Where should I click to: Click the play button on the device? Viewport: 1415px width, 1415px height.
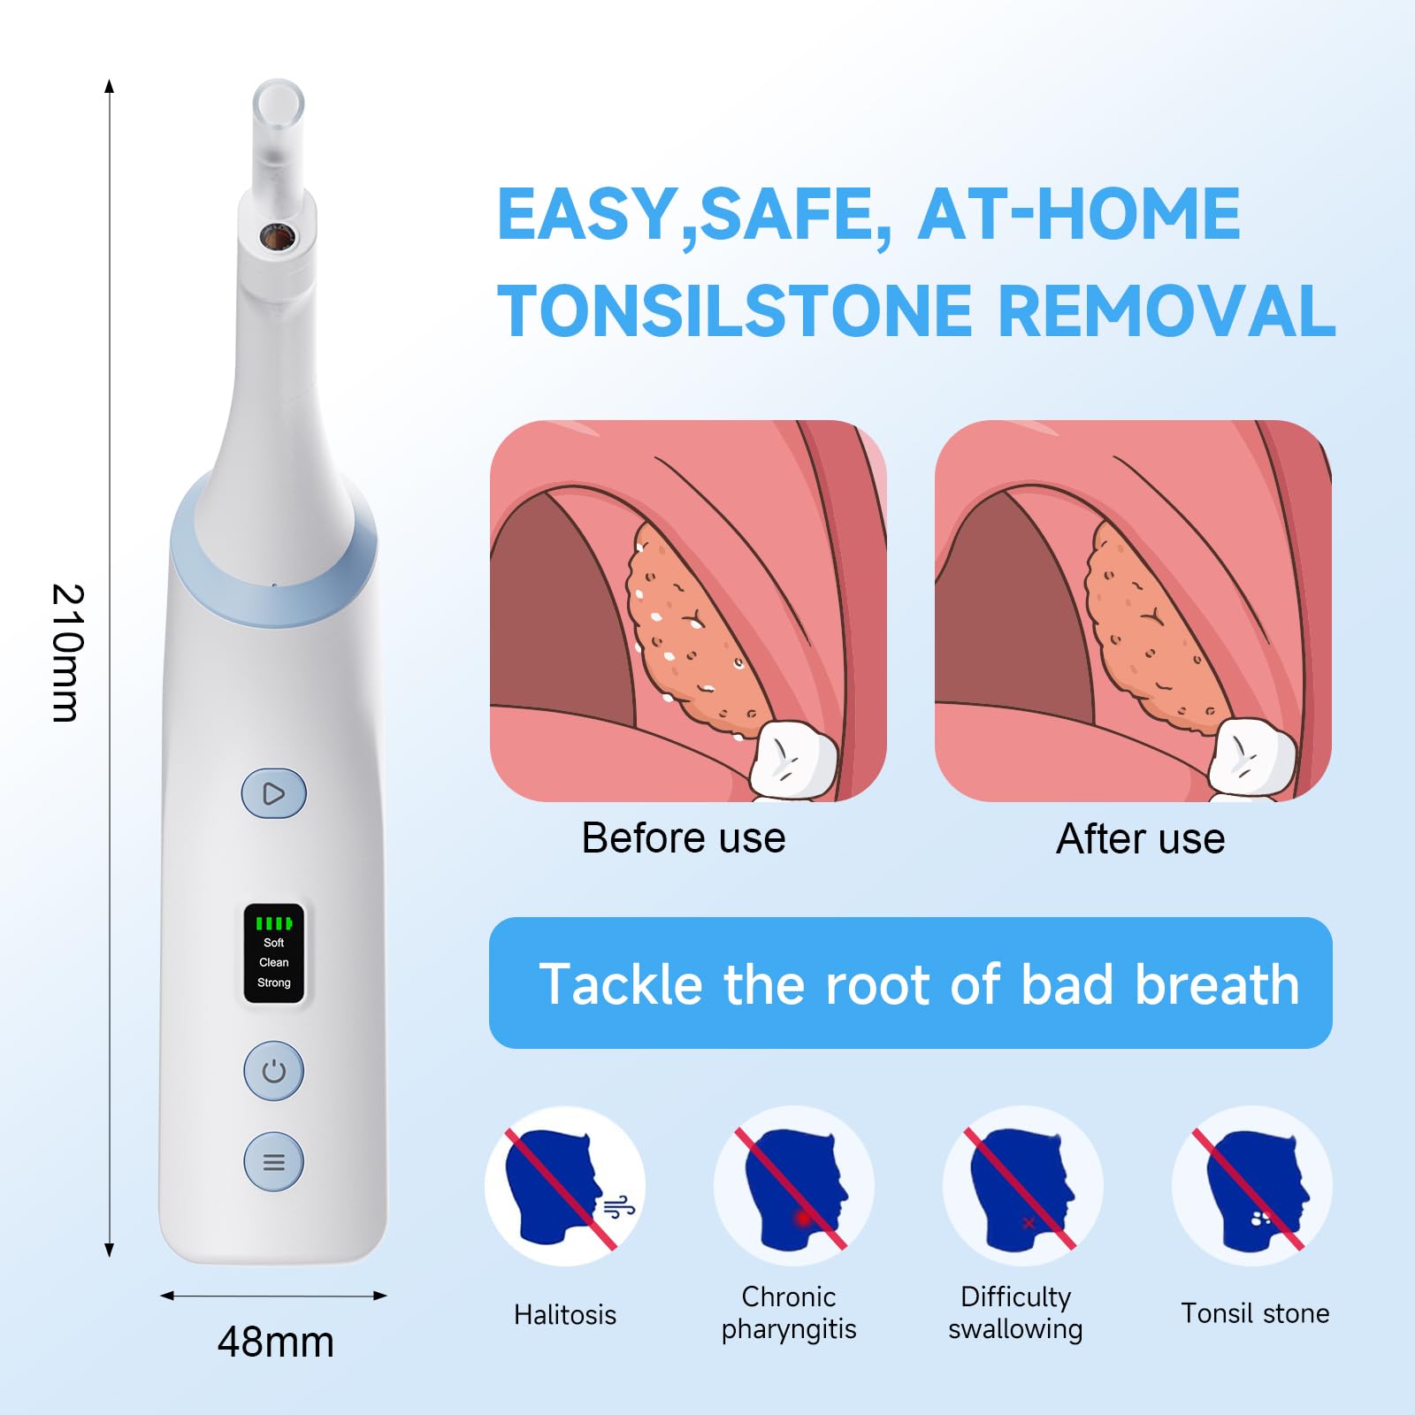pyautogui.click(x=274, y=793)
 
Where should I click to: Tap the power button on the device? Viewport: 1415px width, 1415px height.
pyautogui.click(x=274, y=1071)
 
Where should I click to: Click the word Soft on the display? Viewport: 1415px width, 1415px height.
pyautogui.click(x=274, y=943)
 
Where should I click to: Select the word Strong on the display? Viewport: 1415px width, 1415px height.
pyautogui.click(x=274, y=983)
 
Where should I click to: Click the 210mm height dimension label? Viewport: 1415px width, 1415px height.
pyautogui.click(x=67, y=653)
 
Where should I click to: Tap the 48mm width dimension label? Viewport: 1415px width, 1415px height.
pyautogui.click(x=276, y=1342)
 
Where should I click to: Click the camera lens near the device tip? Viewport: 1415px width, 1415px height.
pyautogui.click(x=277, y=236)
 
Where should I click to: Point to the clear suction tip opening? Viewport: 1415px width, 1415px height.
pyautogui.click(x=278, y=102)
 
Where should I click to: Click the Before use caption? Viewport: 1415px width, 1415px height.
pyautogui.click(x=684, y=838)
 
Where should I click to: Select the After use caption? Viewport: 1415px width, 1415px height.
pyautogui.click(x=1141, y=838)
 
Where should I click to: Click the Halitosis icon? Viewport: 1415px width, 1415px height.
pyautogui.click(x=565, y=1186)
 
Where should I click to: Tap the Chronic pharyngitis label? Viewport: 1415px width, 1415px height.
pyautogui.click(x=789, y=1312)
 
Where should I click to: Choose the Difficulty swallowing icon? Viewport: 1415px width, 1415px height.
pyautogui.click(x=1023, y=1186)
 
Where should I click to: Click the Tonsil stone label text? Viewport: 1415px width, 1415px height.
pyautogui.click(x=1255, y=1313)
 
